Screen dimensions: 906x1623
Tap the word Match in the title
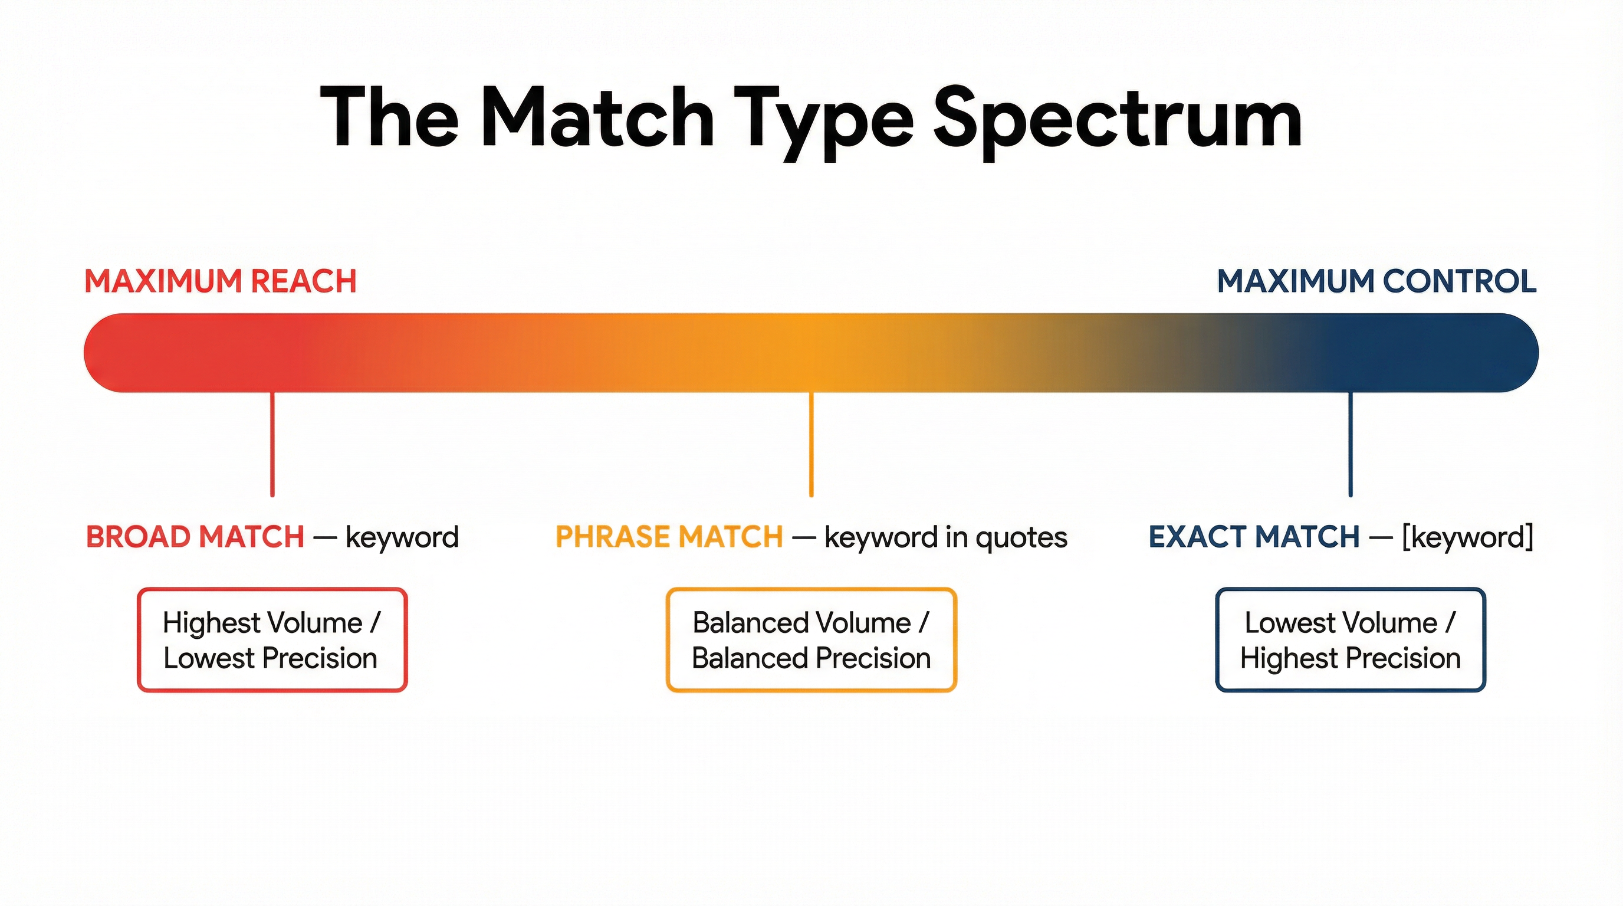597,118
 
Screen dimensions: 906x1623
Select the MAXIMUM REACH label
221,281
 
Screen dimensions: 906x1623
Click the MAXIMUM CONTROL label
1376,281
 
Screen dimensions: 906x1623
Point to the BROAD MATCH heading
195,537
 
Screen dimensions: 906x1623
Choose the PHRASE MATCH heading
669,537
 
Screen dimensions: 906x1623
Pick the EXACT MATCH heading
1254,537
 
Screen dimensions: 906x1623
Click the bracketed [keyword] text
1467,537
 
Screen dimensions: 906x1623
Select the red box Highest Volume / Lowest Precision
272,639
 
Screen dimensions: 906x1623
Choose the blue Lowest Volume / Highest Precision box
1350,639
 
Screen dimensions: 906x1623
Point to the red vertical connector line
272,444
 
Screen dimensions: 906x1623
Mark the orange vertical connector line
811,444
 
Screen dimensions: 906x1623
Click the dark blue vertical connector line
1350,444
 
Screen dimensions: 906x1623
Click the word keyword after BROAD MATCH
402,537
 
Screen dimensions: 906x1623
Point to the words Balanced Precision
811,658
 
